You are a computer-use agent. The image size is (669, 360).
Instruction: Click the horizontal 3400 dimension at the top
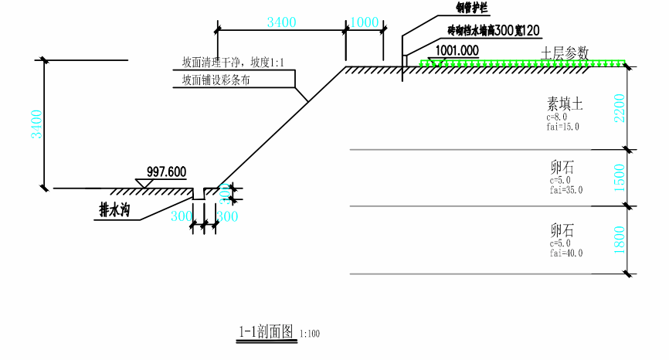[x=281, y=22]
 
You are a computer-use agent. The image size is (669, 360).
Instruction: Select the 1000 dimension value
[x=364, y=22]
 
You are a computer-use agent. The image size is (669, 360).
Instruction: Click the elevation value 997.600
[x=165, y=172]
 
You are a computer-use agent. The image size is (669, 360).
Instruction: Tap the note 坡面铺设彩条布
[x=217, y=79]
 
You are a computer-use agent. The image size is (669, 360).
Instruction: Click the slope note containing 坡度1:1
[x=233, y=62]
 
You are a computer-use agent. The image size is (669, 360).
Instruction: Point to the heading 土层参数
[x=565, y=53]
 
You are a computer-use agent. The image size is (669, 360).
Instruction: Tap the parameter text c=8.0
[x=557, y=117]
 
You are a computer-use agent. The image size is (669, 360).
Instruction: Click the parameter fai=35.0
[x=566, y=190]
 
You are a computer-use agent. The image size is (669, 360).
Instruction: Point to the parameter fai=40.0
[x=566, y=253]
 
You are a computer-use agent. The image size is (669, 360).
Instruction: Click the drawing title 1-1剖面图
[x=266, y=332]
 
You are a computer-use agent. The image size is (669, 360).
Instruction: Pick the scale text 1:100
[x=310, y=335]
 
